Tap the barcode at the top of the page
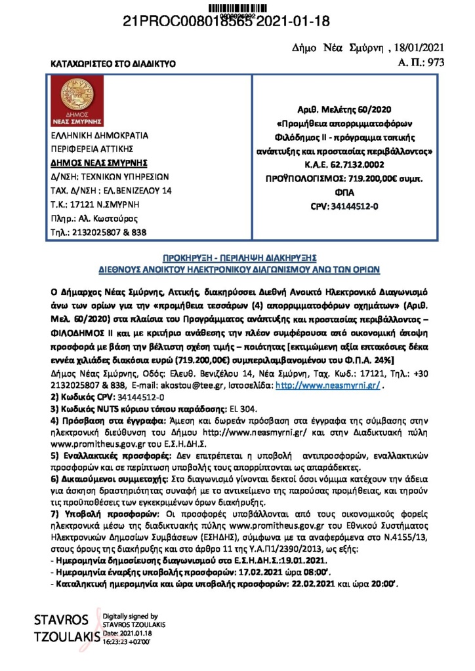237,7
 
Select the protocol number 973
436,64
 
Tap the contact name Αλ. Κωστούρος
113,218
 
